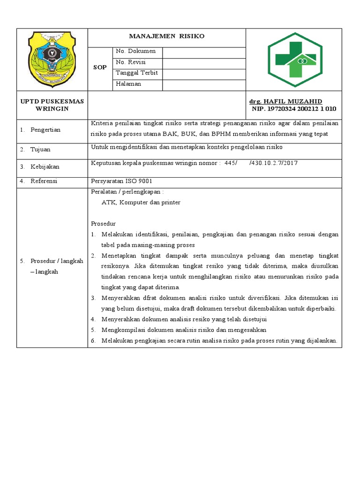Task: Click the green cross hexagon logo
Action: (294, 60)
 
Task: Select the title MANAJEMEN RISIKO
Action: (167, 36)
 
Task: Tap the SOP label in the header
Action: (99, 67)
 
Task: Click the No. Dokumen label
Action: (135, 51)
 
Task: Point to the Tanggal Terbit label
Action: (136, 73)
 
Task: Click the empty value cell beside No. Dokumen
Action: (204, 52)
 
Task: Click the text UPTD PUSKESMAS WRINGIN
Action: (52, 105)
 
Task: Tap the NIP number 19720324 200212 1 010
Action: (294, 109)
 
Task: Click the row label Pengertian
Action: (45, 130)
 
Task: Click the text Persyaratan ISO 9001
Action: (121, 181)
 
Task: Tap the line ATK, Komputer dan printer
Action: (141, 202)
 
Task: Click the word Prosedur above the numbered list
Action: (103, 224)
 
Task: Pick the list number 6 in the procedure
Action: (93, 341)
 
